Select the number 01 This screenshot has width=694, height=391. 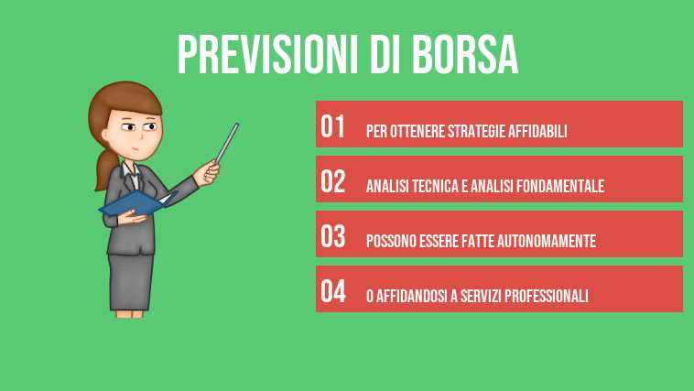332,127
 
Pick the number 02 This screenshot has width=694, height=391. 332,182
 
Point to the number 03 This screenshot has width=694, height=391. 332,237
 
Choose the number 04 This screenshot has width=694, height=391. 332,292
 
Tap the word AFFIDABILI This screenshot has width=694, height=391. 538,132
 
